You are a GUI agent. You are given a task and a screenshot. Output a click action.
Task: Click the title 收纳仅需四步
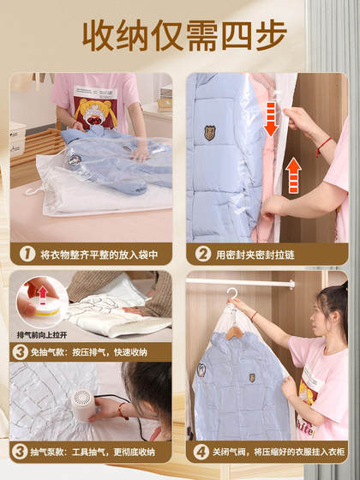point(179,35)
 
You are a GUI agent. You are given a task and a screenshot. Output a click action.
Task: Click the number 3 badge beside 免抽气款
point(20,351)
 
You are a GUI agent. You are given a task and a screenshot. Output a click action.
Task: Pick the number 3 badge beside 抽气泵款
point(20,452)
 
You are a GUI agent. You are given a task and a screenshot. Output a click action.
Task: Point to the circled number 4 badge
point(201,452)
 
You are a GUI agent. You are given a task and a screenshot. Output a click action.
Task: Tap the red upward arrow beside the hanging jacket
point(293,176)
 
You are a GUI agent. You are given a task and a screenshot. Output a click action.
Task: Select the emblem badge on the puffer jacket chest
point(210,133)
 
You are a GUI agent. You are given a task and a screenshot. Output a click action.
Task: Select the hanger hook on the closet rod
point(231,294)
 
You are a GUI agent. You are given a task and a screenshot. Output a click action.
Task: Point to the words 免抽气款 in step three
point(51,351)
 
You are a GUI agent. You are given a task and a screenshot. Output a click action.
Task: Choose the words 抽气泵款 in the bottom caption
point(51,452)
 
